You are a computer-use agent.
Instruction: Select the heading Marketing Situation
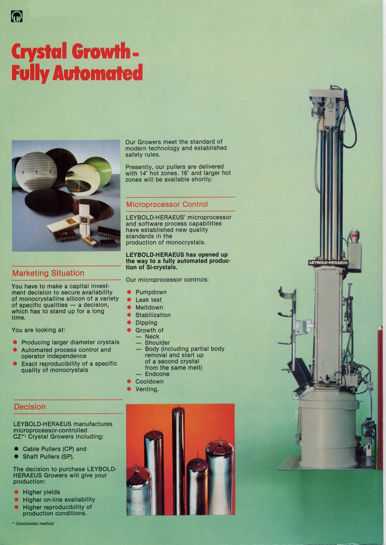(x=48, y=273)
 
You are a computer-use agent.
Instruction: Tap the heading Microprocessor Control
(x=167, y=204)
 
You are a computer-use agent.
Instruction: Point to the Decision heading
(x=30, y=407)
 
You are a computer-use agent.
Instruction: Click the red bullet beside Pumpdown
(x=129, y=292)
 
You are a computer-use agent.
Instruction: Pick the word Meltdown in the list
(x=149, y=307)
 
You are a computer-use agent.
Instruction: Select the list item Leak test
(x=149, y=300)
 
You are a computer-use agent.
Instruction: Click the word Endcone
(x=157, y=374)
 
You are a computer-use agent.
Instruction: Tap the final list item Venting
(x=147, y=389)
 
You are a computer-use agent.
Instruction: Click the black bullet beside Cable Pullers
(x=16, y=449)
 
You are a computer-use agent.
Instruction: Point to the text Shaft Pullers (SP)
(x=48, y=457)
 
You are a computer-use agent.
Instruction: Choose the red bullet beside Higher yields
(x=16, y=492)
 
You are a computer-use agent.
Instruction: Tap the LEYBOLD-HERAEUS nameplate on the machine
(x=328, y=263)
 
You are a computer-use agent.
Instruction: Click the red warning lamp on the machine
(x=355, y=236)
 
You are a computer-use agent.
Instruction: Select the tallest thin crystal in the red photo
(x=179, y=460)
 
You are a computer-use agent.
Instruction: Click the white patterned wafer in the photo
(x=36, y=172)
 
